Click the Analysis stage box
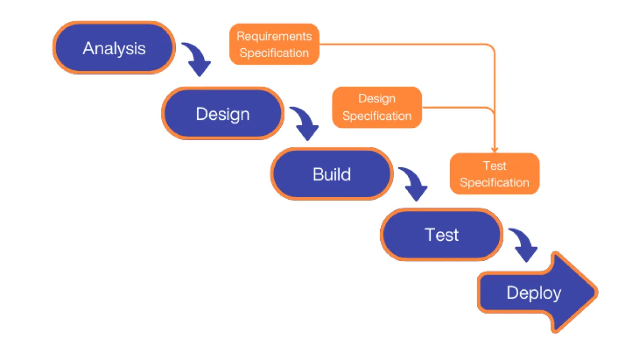[114, 48]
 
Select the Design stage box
[223, 113]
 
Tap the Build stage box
[331, 174]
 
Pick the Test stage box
[441, 234]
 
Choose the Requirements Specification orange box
[274, 45]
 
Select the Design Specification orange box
[377, 108]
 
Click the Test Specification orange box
[495, 174]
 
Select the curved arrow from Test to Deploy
[524, 244]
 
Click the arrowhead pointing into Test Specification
[495, 149]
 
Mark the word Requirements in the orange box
[274, 36]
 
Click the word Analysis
[114, 48]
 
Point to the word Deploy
[534, 293]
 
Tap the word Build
[331, 174]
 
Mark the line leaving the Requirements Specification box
[405, 44]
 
